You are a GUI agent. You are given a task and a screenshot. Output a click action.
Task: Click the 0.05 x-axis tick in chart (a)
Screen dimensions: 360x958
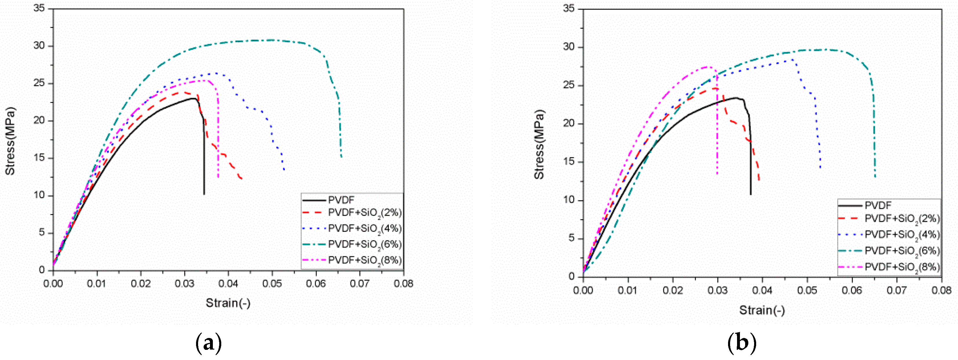[x=272, y=284]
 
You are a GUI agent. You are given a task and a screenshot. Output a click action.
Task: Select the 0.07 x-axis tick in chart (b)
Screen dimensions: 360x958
[x=896, y=290]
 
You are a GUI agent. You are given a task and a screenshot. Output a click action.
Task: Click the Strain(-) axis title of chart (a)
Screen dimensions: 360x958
[x=228, y=303]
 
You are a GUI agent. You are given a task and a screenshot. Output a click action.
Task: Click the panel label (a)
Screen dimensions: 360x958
[x=208, y=343]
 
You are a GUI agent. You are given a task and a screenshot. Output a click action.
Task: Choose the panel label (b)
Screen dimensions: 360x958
[x=742, y=343]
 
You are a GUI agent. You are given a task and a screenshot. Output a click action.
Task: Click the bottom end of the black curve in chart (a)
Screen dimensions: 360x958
[x=204, y=194]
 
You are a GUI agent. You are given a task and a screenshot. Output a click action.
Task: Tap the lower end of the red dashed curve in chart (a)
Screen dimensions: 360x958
[x=242, y=179]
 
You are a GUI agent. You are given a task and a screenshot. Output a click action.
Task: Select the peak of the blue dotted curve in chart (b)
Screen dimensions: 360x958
[x=793, y=59]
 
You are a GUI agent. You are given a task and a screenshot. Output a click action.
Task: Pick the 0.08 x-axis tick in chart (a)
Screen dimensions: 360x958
[x=403, y=284]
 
